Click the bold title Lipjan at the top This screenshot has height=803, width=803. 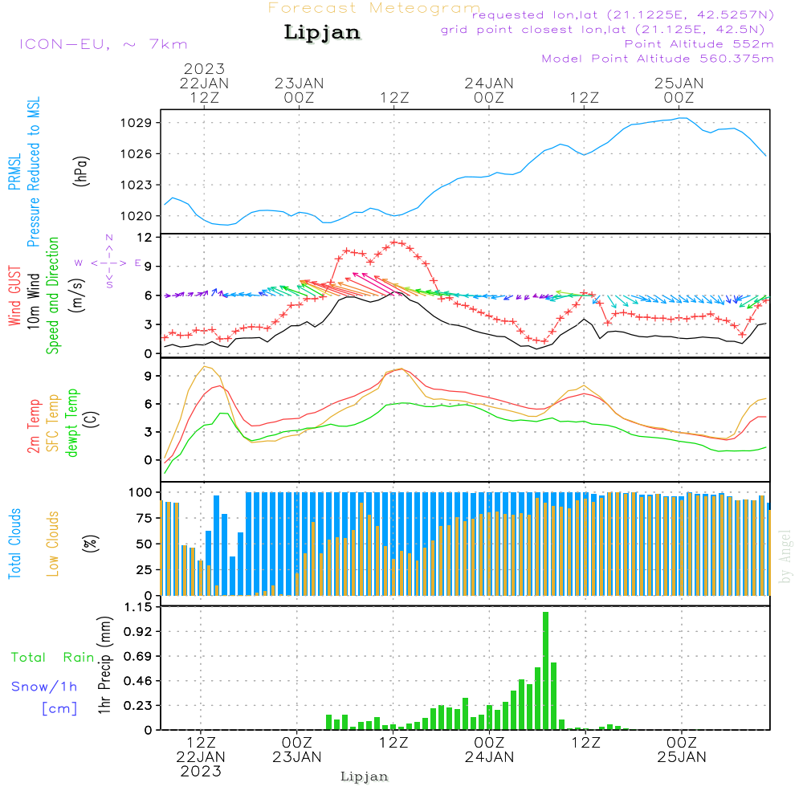(x=322, y=33)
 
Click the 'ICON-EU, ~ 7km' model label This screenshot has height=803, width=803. (x=102, y=44)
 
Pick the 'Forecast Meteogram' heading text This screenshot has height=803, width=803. (x=374, y=8)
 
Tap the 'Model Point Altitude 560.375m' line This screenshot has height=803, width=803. (x=658, y=59)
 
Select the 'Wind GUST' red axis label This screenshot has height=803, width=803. (x=14, y=297)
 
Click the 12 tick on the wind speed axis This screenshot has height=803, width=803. (x=145, y=238)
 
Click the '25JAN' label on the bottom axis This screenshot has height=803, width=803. (x=682, y=756)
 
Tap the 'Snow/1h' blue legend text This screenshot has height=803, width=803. (x=45, y=687)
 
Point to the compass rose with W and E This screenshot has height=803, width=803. (x=109, y=263)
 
